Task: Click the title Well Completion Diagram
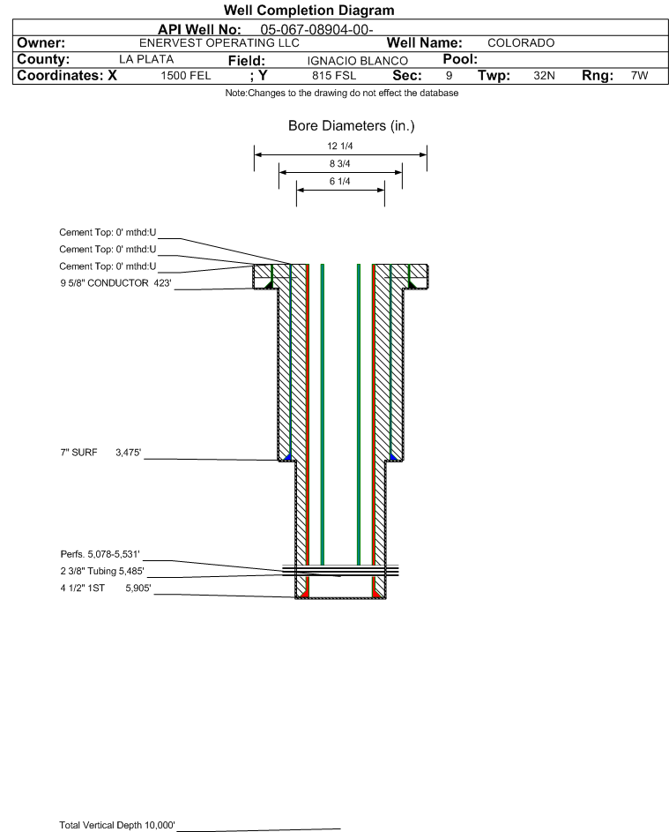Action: (x=309, y=10)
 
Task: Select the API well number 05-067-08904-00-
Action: (x=316, y=30)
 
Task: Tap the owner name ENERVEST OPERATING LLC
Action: (x=219, y=43)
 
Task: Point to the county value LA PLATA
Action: (x=146, y=59)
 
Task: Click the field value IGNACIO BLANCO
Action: (x=357, y=61)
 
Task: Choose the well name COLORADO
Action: (x=521, y=43)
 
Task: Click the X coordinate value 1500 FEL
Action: (x=186, y=76)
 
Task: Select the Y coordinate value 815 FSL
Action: (x=334, y=76)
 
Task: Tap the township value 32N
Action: (x=545, y=76)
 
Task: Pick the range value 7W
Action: (x=639, y=76)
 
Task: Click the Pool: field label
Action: (x=460, y=59)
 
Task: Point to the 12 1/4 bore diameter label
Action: (x=340, y=146)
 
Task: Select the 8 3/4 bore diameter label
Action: (x=340, y=163)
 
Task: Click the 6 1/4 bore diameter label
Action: (x=340, y=182)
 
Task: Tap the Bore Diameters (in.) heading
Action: (x=352, y=126)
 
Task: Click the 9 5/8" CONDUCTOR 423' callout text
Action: (x=115, y=283)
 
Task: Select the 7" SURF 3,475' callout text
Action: (x=100, y=453)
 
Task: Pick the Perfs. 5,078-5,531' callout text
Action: (x=100, y=554)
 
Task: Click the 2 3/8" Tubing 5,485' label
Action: (x=102, y=572)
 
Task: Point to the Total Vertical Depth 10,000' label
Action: (x=117, y=825)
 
